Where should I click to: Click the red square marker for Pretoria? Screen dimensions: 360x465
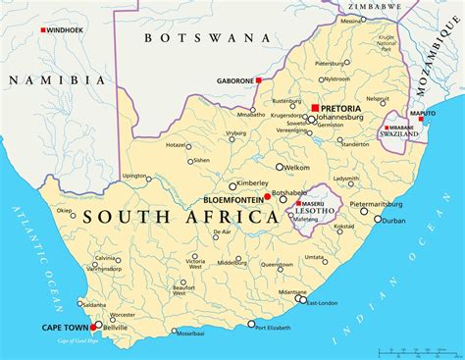tap(315, 108)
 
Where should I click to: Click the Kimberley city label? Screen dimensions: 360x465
tap(251, 183)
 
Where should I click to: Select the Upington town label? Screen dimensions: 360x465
tap(134, 176)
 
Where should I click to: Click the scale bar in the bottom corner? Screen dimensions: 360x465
tap(421, 349)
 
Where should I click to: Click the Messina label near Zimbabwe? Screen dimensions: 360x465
tap(352, 20)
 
